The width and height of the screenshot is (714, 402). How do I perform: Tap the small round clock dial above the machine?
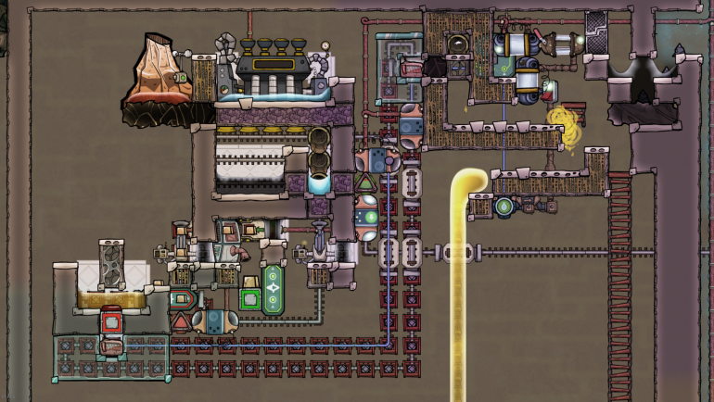325,44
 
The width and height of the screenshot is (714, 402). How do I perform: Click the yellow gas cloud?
563,125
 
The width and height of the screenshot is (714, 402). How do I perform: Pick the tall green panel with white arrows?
273,289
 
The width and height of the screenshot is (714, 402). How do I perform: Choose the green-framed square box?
249,298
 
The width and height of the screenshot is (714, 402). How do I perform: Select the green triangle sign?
364,161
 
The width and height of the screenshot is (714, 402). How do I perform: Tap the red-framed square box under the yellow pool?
111,322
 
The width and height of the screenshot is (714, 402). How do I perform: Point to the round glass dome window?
456,42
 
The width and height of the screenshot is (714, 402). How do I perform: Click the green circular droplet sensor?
504,206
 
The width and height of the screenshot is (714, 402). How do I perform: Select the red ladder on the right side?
619,278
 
